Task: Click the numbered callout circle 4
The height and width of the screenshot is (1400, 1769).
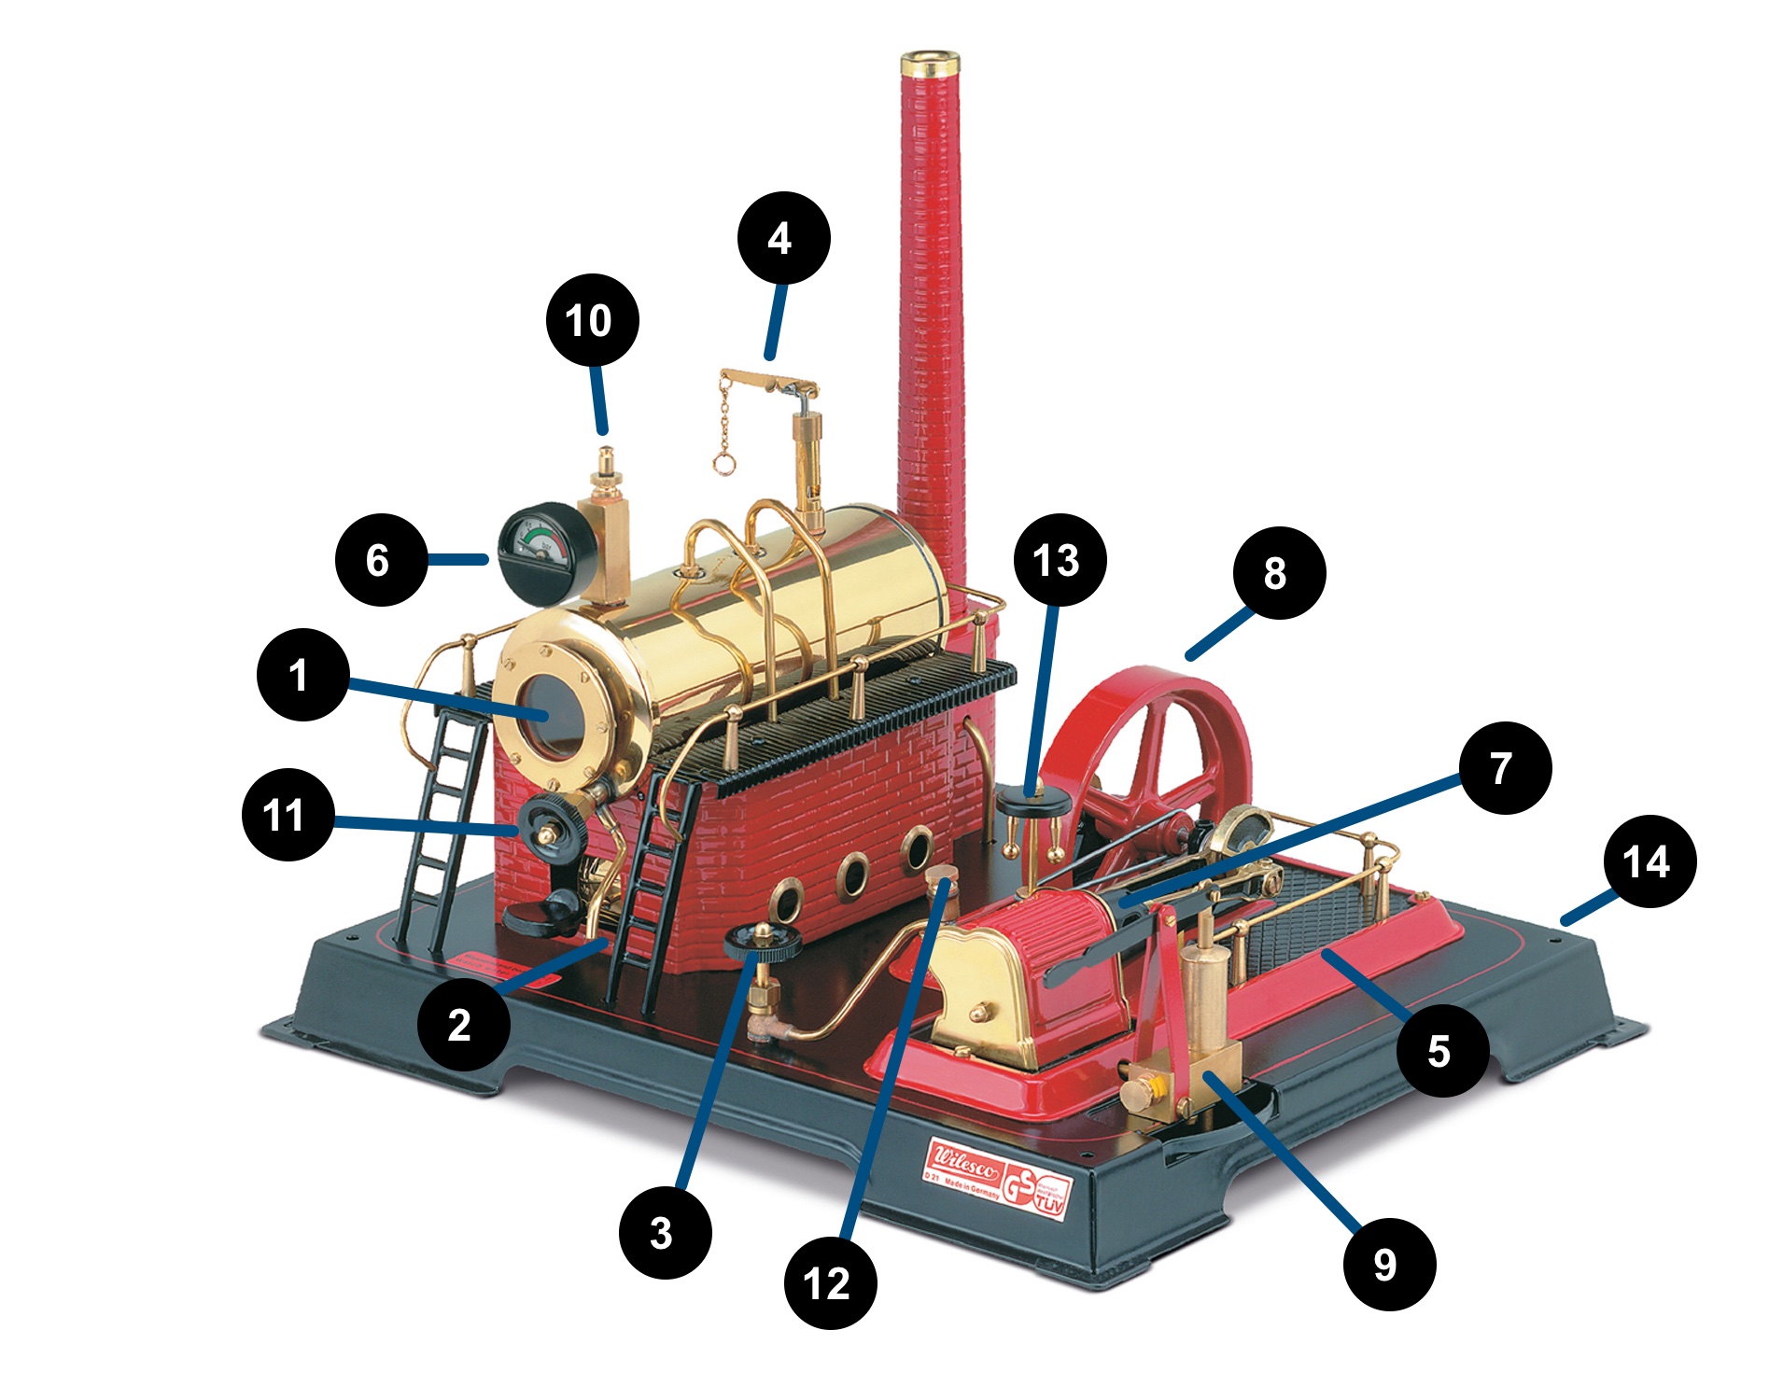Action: click(x=783, y=238)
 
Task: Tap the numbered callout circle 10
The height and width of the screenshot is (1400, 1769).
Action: click(x=592, y=319)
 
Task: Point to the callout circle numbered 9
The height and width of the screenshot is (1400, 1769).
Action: click(x=1388, y=1264)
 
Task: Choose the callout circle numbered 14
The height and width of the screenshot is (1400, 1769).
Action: click(x=1649, y=861)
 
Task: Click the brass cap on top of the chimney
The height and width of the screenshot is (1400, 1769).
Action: click(x=930, y=64)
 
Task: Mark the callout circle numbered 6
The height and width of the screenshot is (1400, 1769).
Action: click(x=381, y=560)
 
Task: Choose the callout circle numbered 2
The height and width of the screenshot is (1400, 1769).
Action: click(x=463, y=1024)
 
